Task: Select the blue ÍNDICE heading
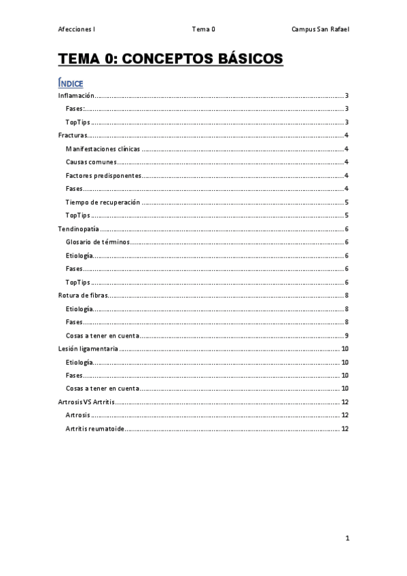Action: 71,83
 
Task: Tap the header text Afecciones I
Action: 76,29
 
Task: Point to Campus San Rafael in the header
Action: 321,29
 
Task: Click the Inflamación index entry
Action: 75,96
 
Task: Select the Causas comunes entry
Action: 91,162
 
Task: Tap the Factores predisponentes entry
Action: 103,175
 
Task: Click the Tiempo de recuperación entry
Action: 103,202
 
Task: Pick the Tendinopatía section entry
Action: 79,229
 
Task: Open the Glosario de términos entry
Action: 97,242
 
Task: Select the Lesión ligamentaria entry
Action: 88,348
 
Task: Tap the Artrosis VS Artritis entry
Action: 86,402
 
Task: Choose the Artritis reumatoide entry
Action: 94,429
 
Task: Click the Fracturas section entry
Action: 73,136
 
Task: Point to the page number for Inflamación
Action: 347,96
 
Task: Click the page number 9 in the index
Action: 347,336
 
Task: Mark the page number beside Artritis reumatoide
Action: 344,429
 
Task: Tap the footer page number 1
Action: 347,538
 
